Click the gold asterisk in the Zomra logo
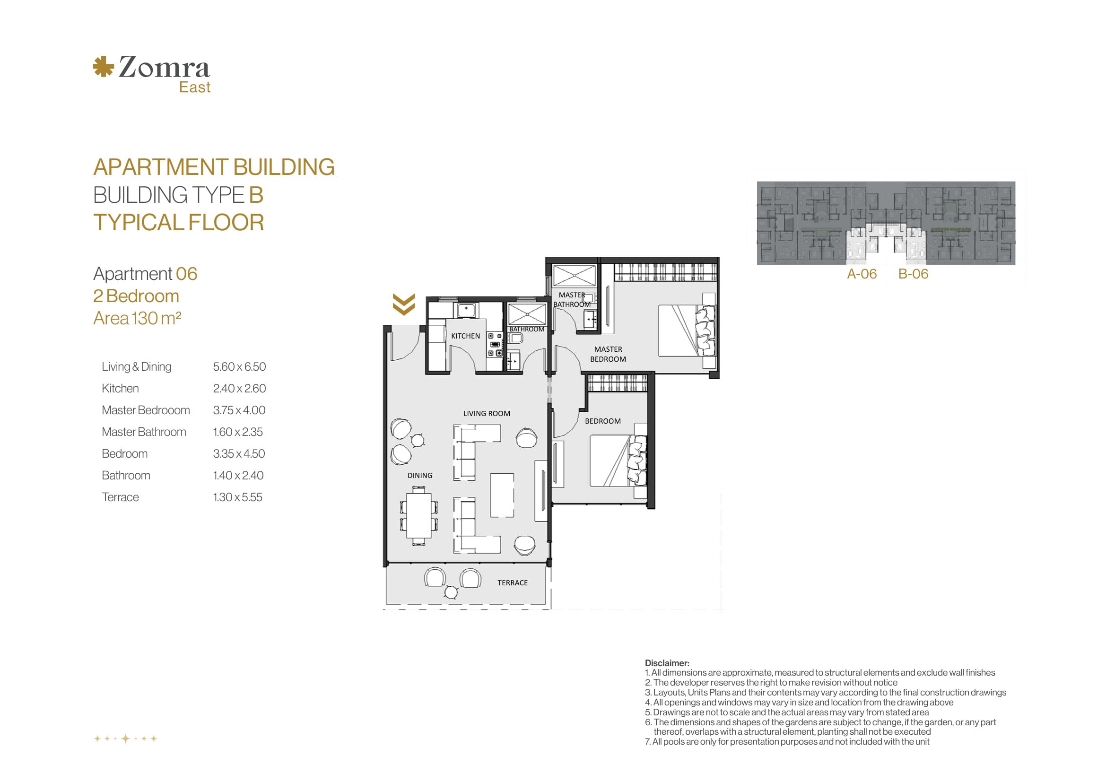pyautogui.click(x=103, y=67)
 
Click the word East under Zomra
pyautogui.click(x=195, y=87)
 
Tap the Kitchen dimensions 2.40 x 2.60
pyautogui.click(x=239, y=389)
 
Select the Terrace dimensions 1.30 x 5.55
pyautogui.click(x=237, y=497)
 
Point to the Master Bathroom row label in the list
pyautogui.click(x=144, y=432)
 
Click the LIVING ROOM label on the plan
pyautogui.click(x=487, y=414)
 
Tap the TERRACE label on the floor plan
pyautogui.click(x=513, y=583)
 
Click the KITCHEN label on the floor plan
pyautogui.click(x=465, y=336)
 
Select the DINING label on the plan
pyautogui.click(x=419, y=476)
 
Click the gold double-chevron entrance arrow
pyautogui.click(x=404, y=304)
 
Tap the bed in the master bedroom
pyautogui.click(x=687, y=330)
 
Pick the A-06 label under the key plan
pyautogui.click(x=862, y=274)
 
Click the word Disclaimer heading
pyautogui.click(x=667, y=663)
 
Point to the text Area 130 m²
pyautogui.click(x=137, y=318)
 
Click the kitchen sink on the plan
pyautogui.click(x=466, y=311)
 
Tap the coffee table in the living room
pyautogui.click(x=502, y=495)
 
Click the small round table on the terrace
pyautogui.click(x=451, y=592)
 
